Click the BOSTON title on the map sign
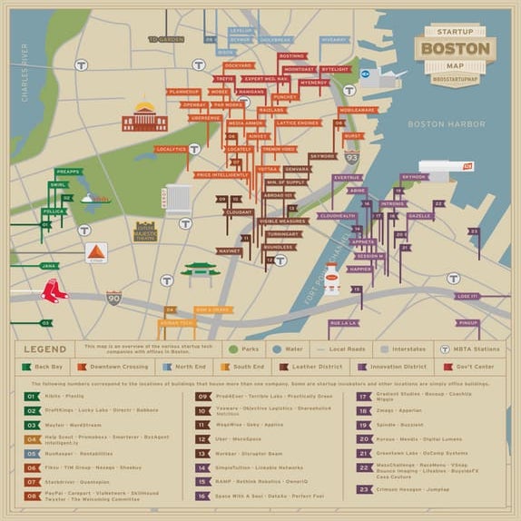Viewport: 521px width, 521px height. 455,49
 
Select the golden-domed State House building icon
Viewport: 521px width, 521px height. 144,117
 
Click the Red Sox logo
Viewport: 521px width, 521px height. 54,291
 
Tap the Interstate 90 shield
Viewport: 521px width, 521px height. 113,297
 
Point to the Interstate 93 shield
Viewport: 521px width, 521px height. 351,158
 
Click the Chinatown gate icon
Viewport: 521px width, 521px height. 201,273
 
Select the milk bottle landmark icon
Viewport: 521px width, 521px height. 331,278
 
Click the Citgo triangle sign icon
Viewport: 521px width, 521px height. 96,252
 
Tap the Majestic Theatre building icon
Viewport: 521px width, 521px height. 145,232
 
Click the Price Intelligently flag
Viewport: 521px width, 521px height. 221,174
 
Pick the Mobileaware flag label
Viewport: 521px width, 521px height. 358,110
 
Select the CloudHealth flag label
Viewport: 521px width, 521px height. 337,216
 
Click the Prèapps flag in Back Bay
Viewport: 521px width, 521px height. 68,171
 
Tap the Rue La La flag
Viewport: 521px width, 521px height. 344,322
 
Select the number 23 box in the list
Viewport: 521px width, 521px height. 363,489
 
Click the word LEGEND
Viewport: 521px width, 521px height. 44,349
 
